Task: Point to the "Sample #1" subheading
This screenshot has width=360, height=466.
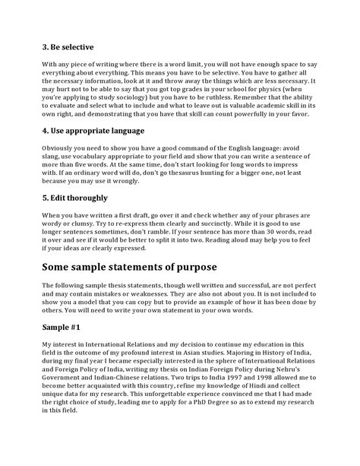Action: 64,326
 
